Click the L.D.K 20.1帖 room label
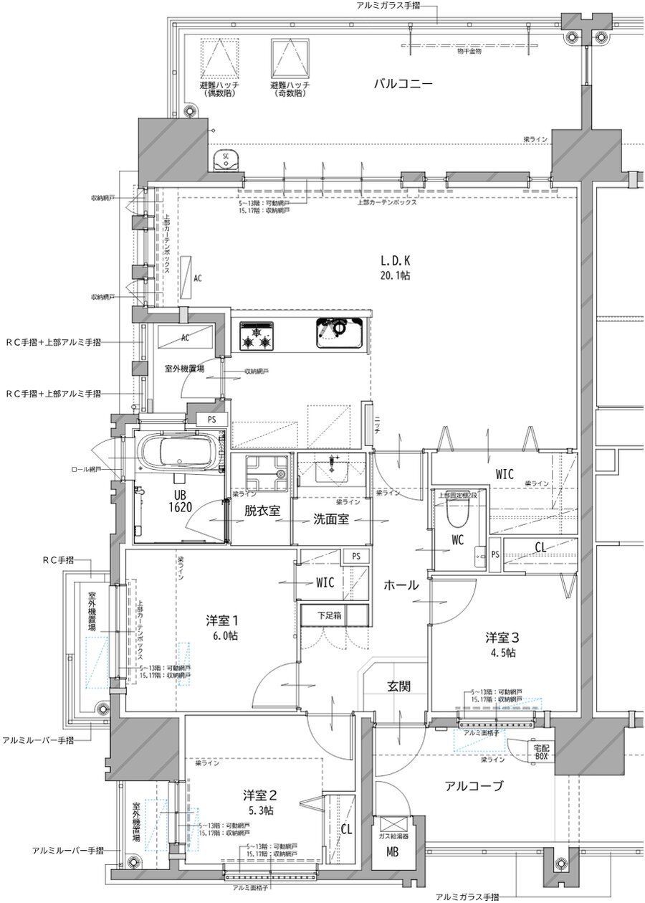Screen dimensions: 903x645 pos(395,267)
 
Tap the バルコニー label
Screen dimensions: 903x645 pos(403,84)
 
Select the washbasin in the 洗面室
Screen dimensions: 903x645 pos(332,473)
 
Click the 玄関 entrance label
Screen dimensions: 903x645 pos(399,686)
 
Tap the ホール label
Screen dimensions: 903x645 pos(401,585)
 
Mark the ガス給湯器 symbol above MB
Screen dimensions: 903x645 pos(394,826)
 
